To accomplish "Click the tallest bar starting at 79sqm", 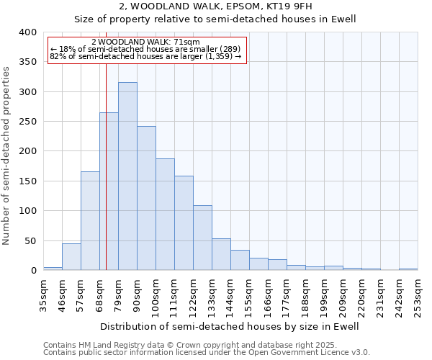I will tap(127, 176).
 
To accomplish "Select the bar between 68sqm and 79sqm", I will tap(109, 192).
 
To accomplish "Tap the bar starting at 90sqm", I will tap(146, 198).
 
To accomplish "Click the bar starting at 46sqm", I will tap(71, 257).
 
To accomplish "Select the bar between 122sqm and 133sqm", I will tap(202, 238).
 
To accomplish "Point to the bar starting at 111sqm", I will tap(184, 223).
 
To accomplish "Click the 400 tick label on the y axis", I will tap(27, 32).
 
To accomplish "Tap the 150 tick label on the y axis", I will tap(27, 181).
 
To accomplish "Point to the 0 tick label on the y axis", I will tap(33, 271).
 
